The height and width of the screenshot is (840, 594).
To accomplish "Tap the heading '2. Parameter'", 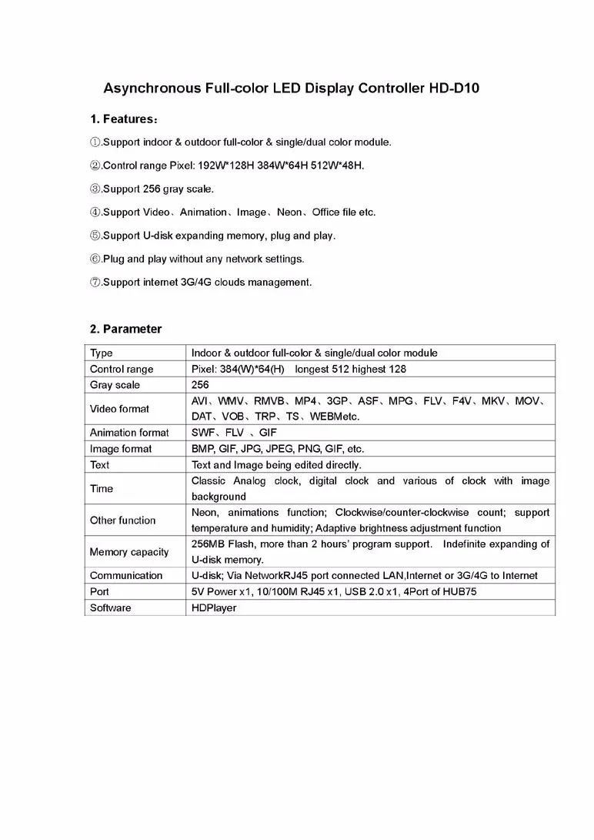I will click(x=125, y=330).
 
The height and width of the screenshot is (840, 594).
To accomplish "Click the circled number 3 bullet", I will click(x=95, y=189).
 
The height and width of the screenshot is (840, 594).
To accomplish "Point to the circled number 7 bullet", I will click(x=95, y=283).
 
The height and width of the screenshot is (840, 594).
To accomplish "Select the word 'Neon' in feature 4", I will click(x=289, y=213).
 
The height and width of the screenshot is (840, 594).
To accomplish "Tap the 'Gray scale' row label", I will click(x=115, y=385).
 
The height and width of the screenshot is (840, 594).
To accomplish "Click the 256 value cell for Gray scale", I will click(x=200, y=385).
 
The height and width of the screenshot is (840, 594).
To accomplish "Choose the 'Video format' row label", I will click(x=119, y=409).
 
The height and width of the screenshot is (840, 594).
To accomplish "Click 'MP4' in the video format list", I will click(x=306, y=401).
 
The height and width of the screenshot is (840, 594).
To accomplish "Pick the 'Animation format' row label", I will click(x=128, y=433).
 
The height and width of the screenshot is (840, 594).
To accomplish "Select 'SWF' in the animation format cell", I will click(x=202, y=433).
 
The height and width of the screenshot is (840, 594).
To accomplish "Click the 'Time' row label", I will click(x=101, y=489).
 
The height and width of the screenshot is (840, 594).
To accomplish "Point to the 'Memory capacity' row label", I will click(x=128, y=552).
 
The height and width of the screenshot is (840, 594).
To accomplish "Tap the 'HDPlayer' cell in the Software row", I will click(x=214, y=608).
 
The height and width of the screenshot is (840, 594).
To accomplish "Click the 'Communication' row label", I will click(x=126, y=576).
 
